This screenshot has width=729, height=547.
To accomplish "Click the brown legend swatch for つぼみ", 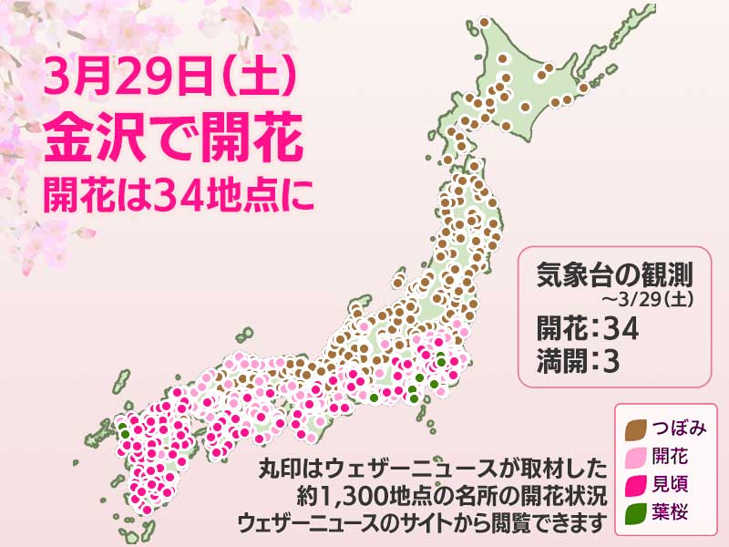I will [637, 427].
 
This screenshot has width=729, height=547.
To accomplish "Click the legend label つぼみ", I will [678, 427].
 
